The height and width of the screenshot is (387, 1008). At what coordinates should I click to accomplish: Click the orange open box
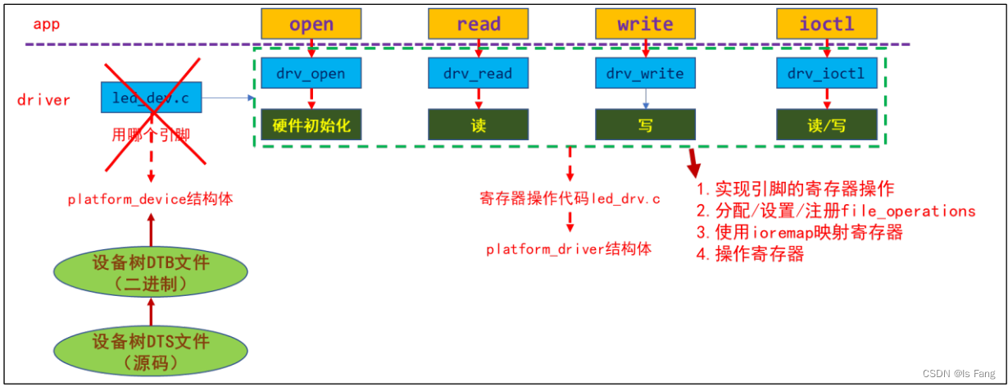coord(311,23)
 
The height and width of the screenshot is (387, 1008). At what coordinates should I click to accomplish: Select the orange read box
coord(478,23)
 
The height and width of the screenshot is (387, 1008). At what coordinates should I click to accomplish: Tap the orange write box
coord(645,23)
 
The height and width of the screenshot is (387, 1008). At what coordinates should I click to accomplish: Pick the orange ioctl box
coord(827,23)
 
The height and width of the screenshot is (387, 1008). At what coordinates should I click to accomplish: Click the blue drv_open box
coord(311,74)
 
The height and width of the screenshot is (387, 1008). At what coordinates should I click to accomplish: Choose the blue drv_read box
coord(478,74)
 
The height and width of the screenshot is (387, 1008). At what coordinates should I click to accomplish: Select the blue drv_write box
coord(645,74)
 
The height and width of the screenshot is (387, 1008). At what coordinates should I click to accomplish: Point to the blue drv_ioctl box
coord(827,74)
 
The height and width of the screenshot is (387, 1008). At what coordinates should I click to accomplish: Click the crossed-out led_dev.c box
coord(151,98)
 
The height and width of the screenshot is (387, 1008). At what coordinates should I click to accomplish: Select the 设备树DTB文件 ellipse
coord(151,273)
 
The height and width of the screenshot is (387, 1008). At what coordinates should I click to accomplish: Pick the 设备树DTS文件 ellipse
coord(151,351)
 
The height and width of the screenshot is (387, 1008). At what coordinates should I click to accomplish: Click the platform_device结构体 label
coord(151,199)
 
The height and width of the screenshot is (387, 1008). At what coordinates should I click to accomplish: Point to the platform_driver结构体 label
coord(569,249)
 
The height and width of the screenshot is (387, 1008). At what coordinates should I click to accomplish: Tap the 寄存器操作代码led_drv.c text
coord(570,199)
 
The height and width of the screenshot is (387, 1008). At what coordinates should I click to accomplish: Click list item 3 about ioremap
coord(799,232)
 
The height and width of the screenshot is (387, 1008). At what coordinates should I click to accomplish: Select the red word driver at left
coord(43,100)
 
